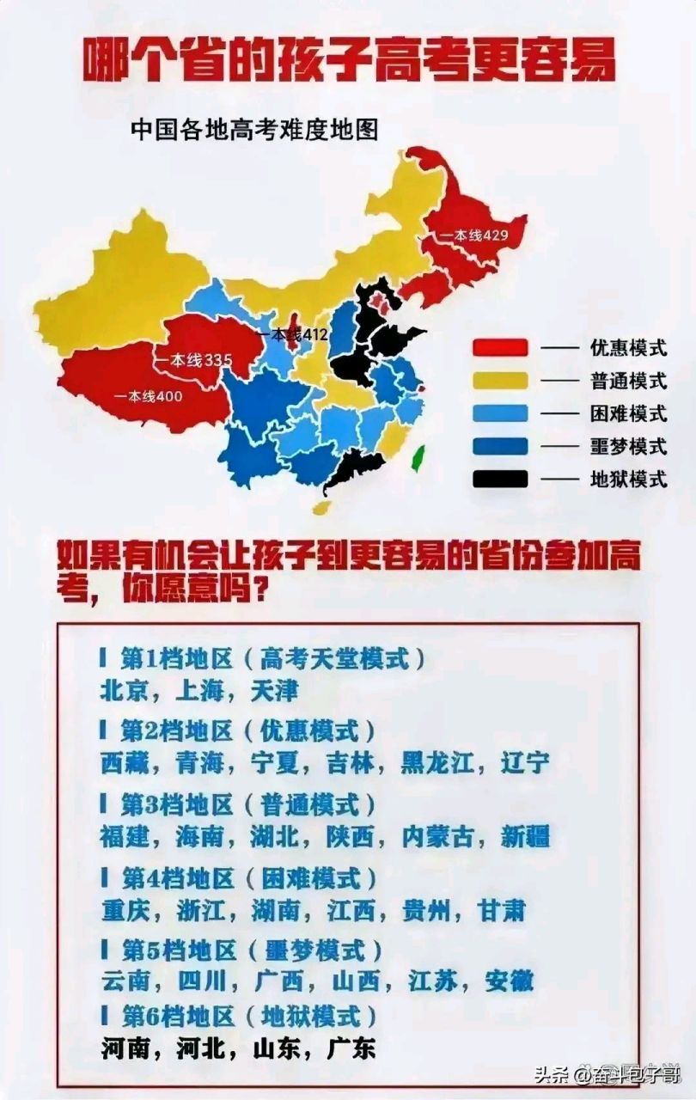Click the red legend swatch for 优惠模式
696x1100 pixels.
pos(499,348)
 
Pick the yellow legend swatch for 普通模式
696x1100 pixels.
pos(499,381)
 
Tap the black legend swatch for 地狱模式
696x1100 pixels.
pos(499,479)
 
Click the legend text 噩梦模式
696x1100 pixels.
pos(628,447)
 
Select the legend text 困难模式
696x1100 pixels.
pos(628,413)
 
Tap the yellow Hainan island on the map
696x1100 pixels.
pos(321,507)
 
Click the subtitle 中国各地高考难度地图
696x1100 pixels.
pos(254,129)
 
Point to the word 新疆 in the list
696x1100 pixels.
pos(524,836)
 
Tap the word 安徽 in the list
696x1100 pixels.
pos(509,980)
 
